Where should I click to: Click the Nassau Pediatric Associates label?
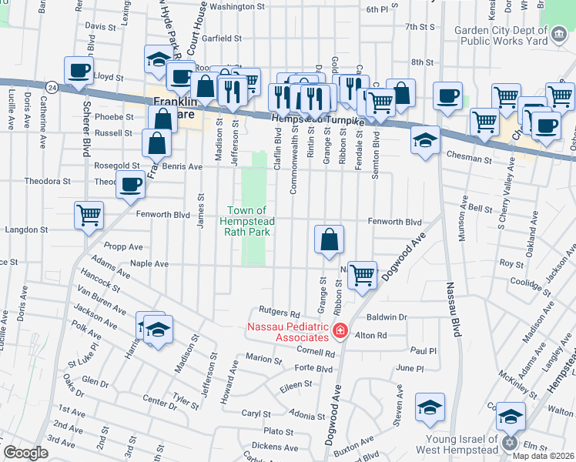click(x=287, y=332)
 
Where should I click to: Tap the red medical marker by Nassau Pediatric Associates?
click(x=340, y=333)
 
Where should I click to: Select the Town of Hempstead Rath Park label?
click(x=248, y=222)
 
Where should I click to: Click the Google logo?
click(x=26, y=453)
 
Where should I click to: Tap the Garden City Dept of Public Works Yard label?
click(x=501, y=35)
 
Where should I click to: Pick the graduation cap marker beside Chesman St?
click(x=425, y=141)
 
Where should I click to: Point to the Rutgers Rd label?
click(x=279, y=313)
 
